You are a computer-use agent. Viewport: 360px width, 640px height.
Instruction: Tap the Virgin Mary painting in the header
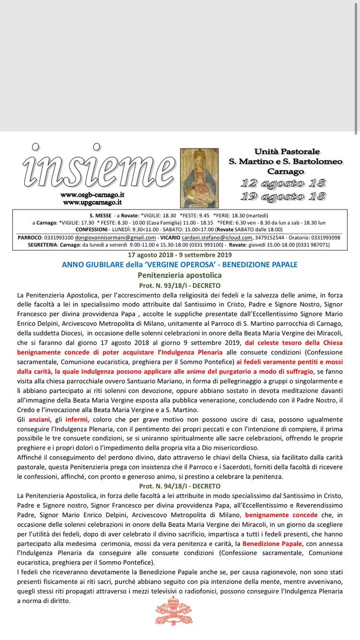(x=199, y=178)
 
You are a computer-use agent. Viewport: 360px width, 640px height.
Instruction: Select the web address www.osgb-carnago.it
(x=92, y=195)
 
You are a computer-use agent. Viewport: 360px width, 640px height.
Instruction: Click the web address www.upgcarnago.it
(x=92, y=202)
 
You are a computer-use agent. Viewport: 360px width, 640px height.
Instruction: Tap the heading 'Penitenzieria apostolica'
(x=179, y=275)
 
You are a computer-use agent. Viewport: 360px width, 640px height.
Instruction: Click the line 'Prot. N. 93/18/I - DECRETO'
(x=179, y=285)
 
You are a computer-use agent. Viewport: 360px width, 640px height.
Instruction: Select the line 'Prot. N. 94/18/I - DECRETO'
(x=179, y=485)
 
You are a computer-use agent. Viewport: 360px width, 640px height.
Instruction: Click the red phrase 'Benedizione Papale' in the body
(x=272, y=543)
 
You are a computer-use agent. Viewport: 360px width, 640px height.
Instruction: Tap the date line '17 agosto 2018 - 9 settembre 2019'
(x=179, y=254)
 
